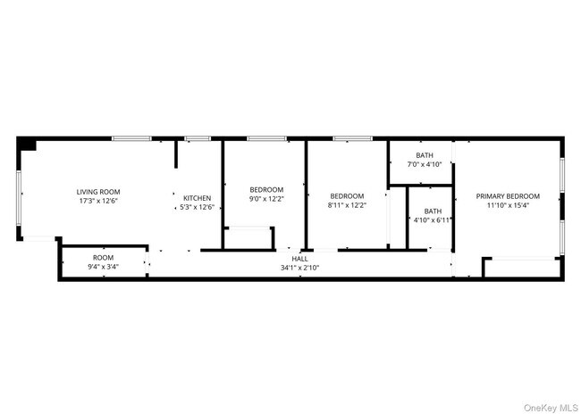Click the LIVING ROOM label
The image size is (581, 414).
pyautogui.click(x=98, y=192)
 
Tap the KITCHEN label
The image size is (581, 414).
pyautogui.click(x=197, y=198)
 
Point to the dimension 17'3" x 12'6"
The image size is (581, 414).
pyautogui.click(x=98, y=201)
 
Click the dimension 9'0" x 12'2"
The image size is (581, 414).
pyautogui.click(x=266, y=198)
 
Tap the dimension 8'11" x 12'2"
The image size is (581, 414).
pyautogui.click(x=347, y=205)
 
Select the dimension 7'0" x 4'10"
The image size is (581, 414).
pyautogui.click(x=425, y=164)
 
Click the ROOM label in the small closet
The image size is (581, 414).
pyautogui.click(x=103, y=258)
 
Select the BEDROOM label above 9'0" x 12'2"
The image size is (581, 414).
pyautogui.click(x=266, y=189)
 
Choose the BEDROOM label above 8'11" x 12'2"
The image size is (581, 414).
pyautogui.click(x=347, y=196)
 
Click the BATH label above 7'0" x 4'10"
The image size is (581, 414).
pyautogui.click(x=425, y=155)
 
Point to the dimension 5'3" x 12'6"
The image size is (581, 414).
pyautogui.click(x=197, y=207)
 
